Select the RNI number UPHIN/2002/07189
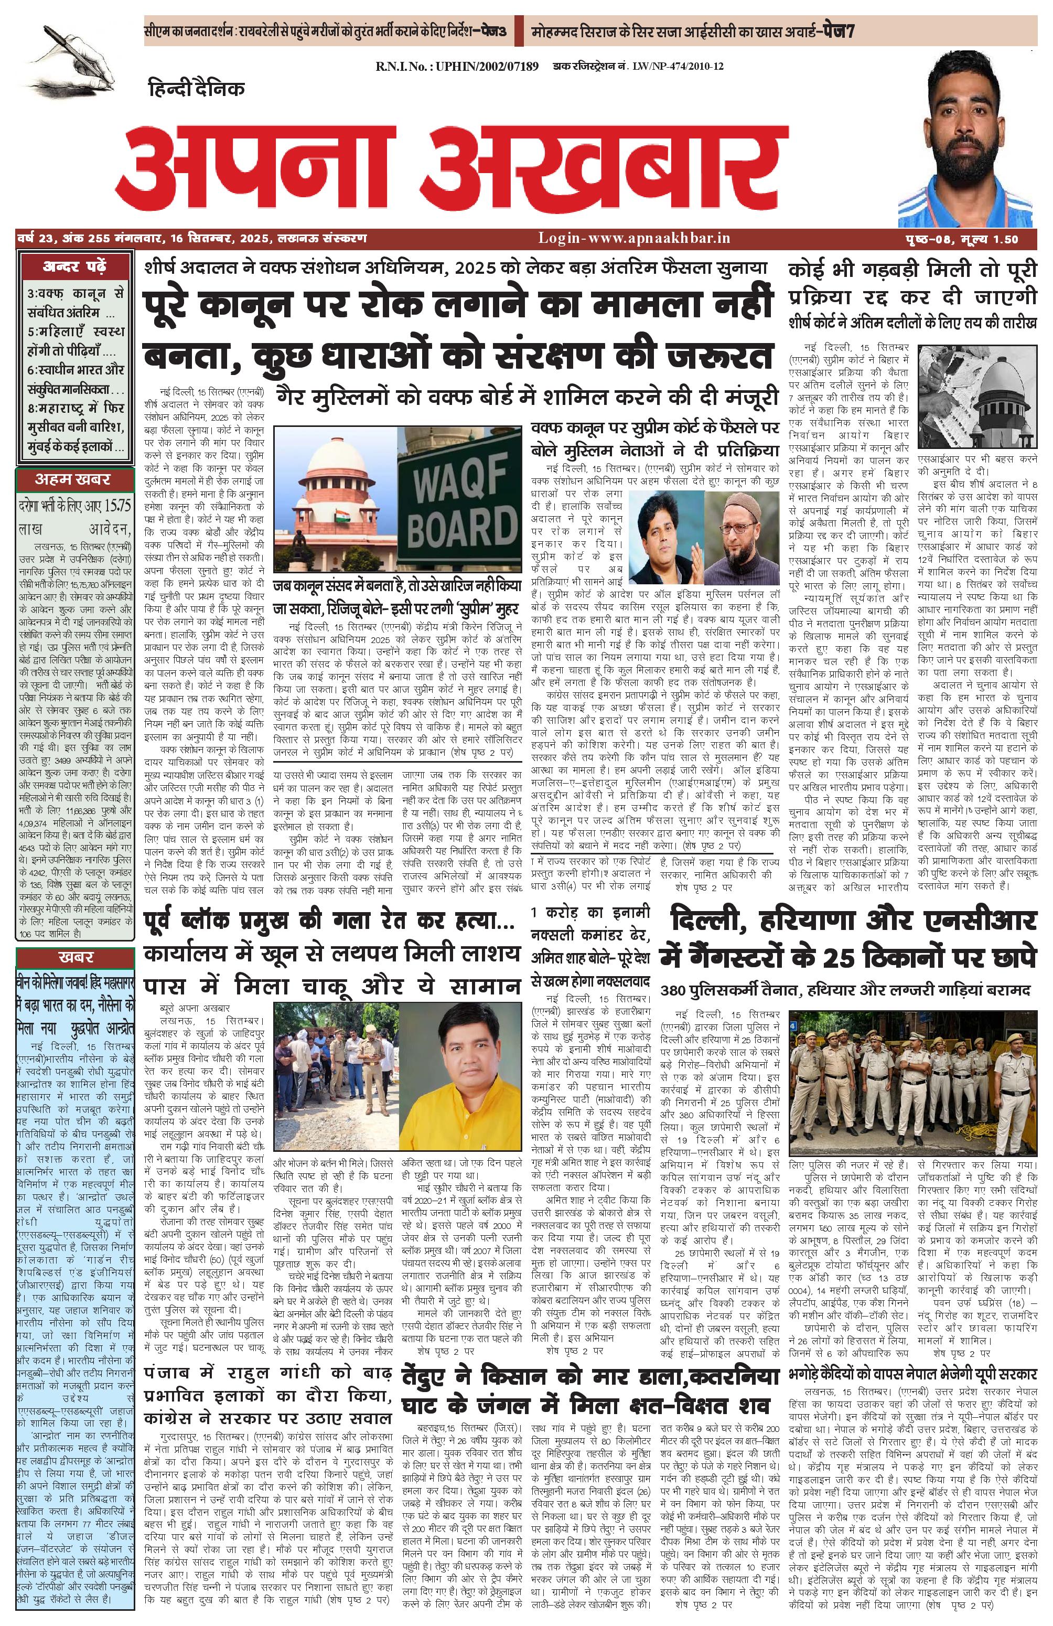(x=456, y=66)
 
